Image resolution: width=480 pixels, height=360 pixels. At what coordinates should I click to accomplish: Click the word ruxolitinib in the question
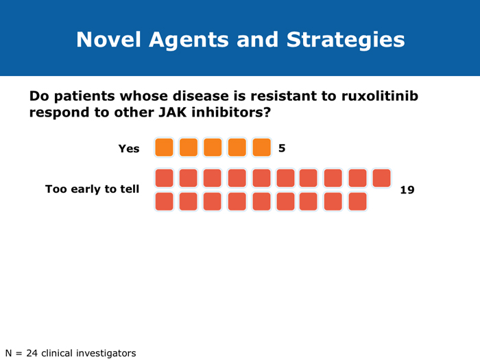(380, 96)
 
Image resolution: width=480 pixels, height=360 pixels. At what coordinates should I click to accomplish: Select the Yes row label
(129, 148)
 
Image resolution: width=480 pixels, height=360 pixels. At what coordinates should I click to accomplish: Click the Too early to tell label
(92, 189)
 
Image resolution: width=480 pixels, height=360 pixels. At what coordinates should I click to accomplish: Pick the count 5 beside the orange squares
(282, 148)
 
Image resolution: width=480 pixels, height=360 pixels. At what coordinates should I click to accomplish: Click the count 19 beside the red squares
(407, 189)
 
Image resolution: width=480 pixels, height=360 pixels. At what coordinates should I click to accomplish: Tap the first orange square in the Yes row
(164, 147)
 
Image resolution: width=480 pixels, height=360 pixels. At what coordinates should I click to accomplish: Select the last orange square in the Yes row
(261, 147)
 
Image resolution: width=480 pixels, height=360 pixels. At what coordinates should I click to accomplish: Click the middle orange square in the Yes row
(213, 147)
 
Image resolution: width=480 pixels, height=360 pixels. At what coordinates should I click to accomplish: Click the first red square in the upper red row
(164, 178)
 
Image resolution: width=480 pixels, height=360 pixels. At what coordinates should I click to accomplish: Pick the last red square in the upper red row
(382, 178)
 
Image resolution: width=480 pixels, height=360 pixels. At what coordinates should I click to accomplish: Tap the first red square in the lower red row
(164, 202)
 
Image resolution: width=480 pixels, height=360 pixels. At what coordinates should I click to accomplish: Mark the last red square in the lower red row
(358, 202)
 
